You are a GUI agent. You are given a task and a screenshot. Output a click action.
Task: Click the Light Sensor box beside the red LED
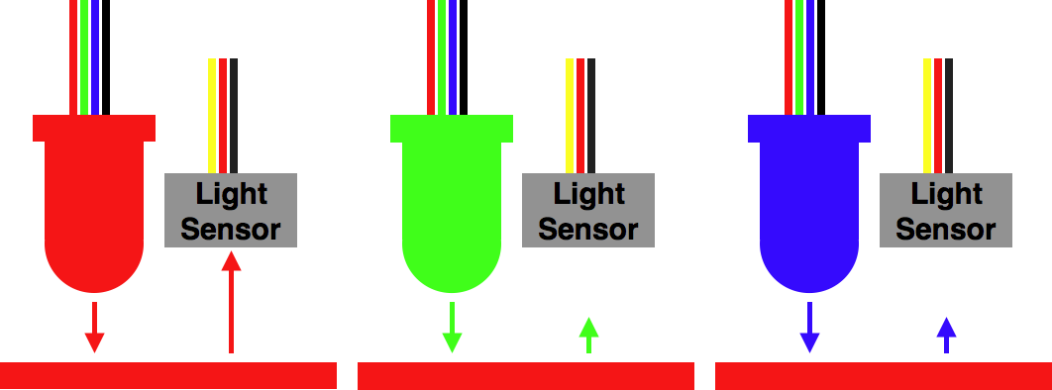[x=230, y=210]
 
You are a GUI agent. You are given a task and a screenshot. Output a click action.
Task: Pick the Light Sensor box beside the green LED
[x=587, y=210]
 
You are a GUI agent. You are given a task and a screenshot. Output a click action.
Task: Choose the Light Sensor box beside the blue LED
[x=946, y=210]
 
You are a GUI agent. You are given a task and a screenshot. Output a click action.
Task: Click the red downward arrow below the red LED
[x=94, y=328]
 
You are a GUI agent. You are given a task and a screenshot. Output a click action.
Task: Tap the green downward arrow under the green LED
[x=452, y=328]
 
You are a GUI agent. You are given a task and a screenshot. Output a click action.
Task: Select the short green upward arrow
[x=588, y=336]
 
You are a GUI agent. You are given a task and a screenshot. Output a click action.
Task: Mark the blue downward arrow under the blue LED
[x=810, y=328]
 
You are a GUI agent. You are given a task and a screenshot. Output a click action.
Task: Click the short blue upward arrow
[x=946, y=336]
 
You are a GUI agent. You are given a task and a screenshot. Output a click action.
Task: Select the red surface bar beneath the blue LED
[x=883, y=375]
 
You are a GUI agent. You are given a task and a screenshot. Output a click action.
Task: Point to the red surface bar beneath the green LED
[x=525, y=375]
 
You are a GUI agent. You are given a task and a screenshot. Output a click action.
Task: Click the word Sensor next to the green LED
[x=587, y=230]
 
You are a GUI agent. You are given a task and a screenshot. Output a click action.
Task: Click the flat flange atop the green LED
[x=452, y=128]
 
